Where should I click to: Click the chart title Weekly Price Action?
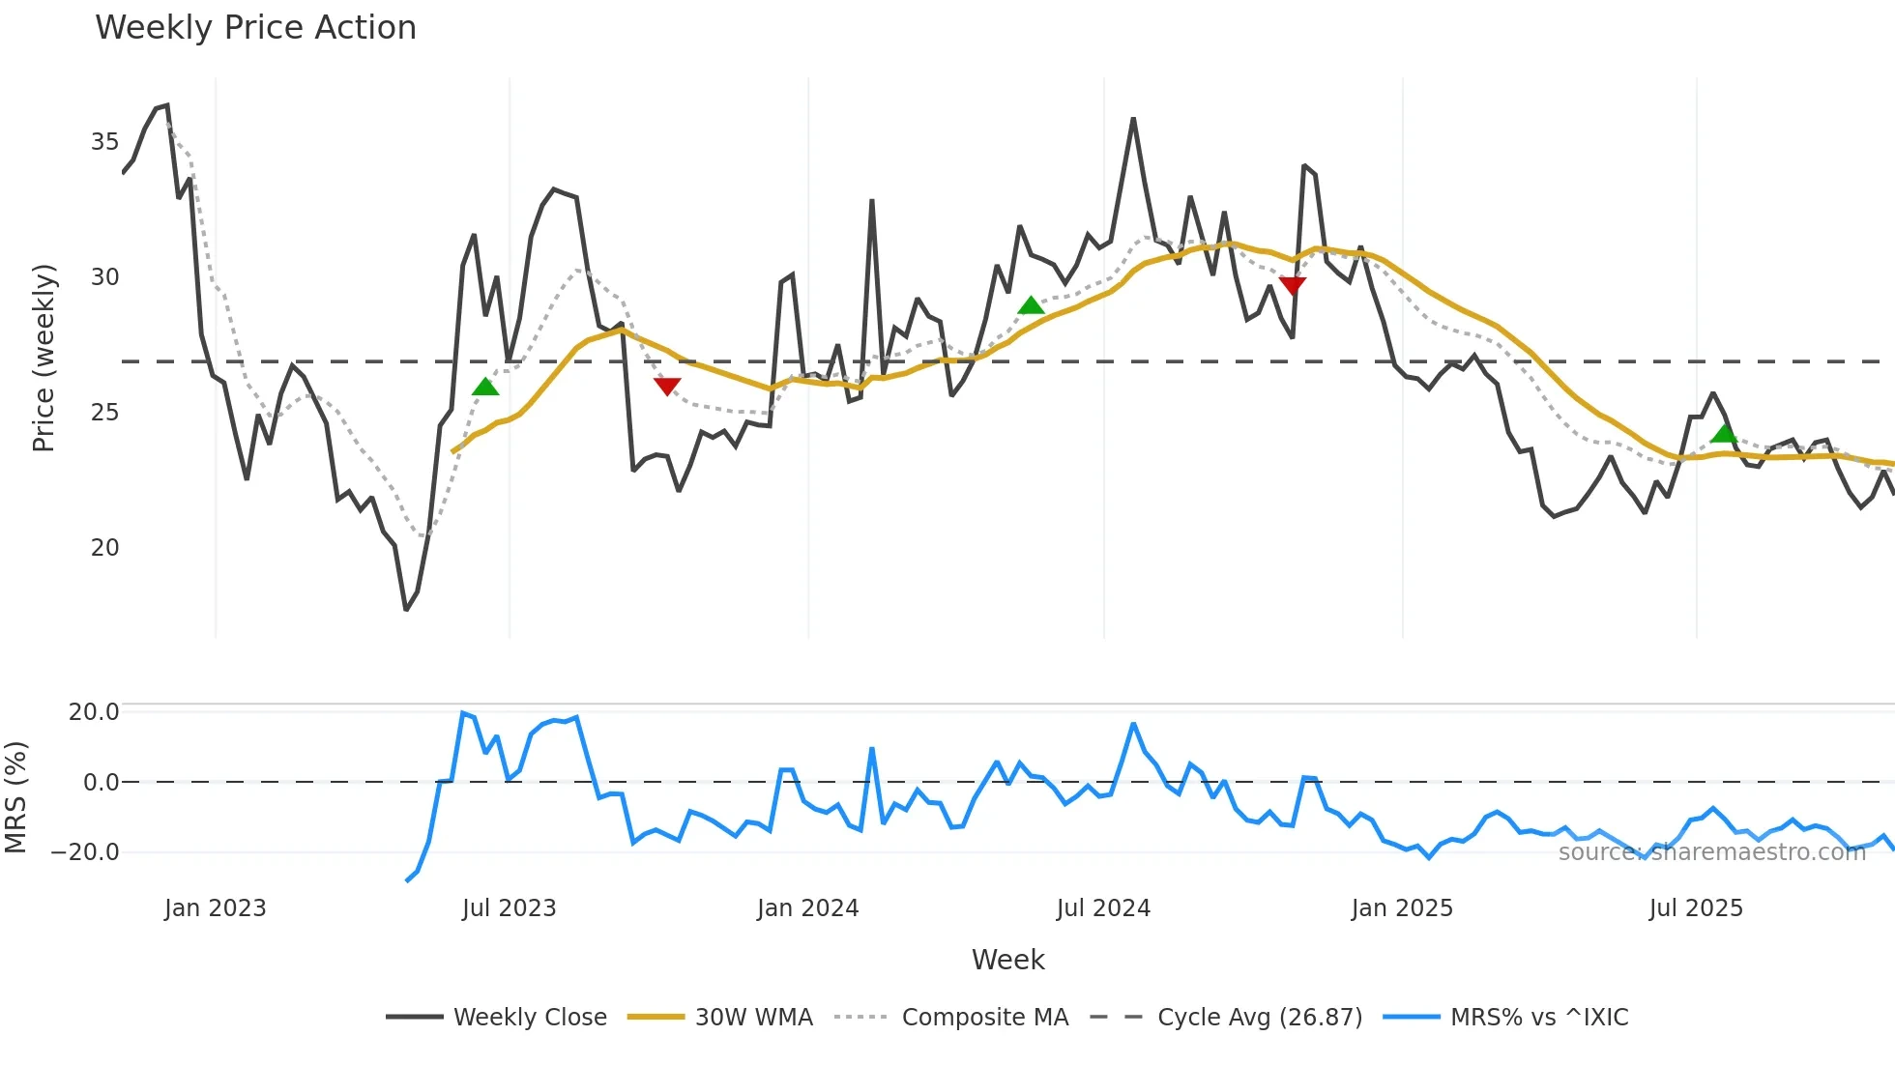pos(255,28)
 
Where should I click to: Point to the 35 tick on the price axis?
pos(104,142)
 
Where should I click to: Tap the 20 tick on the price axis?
pos(104,548)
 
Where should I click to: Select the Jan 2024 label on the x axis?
pos(807,908)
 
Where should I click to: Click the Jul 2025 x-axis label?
pos(1696,908)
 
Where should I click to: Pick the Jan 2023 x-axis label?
pos(215,908)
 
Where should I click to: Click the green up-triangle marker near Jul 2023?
pos(485,387)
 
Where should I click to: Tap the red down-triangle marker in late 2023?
pos(667,387)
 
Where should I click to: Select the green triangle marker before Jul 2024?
pos(1031,305)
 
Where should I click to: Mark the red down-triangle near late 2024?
pos(1293,285)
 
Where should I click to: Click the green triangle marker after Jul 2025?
pos(1724,433)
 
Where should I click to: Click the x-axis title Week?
pos(1007,960)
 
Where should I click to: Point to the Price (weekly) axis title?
pos(44,358)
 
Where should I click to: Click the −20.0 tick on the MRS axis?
pos(85,852)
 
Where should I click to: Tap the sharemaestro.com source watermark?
pos(1711,852)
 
